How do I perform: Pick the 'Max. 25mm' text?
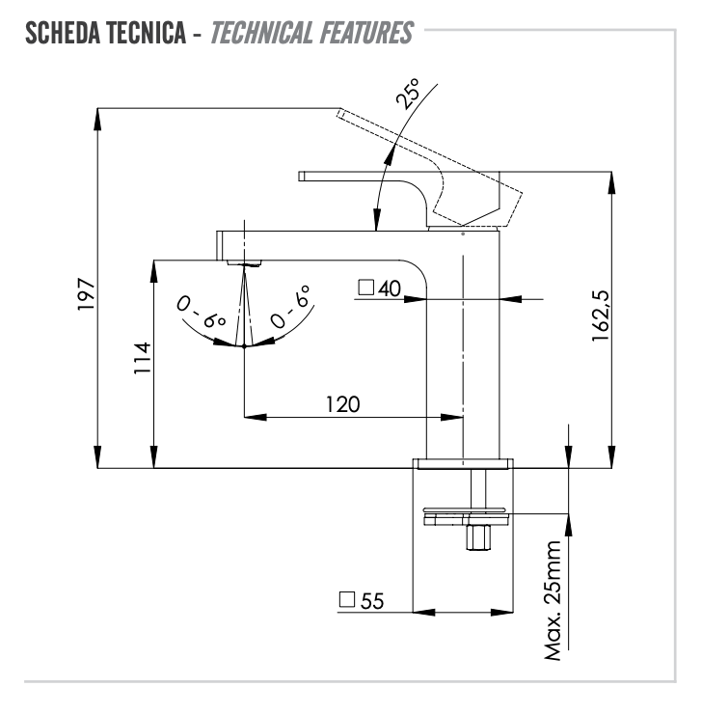(x=551, y=601)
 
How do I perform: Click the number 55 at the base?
(x=372, y=600)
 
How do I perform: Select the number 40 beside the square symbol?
(x=390, y=288)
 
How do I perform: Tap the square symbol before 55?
(x=347, y=599)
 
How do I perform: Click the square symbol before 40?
(x=365, y=287)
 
